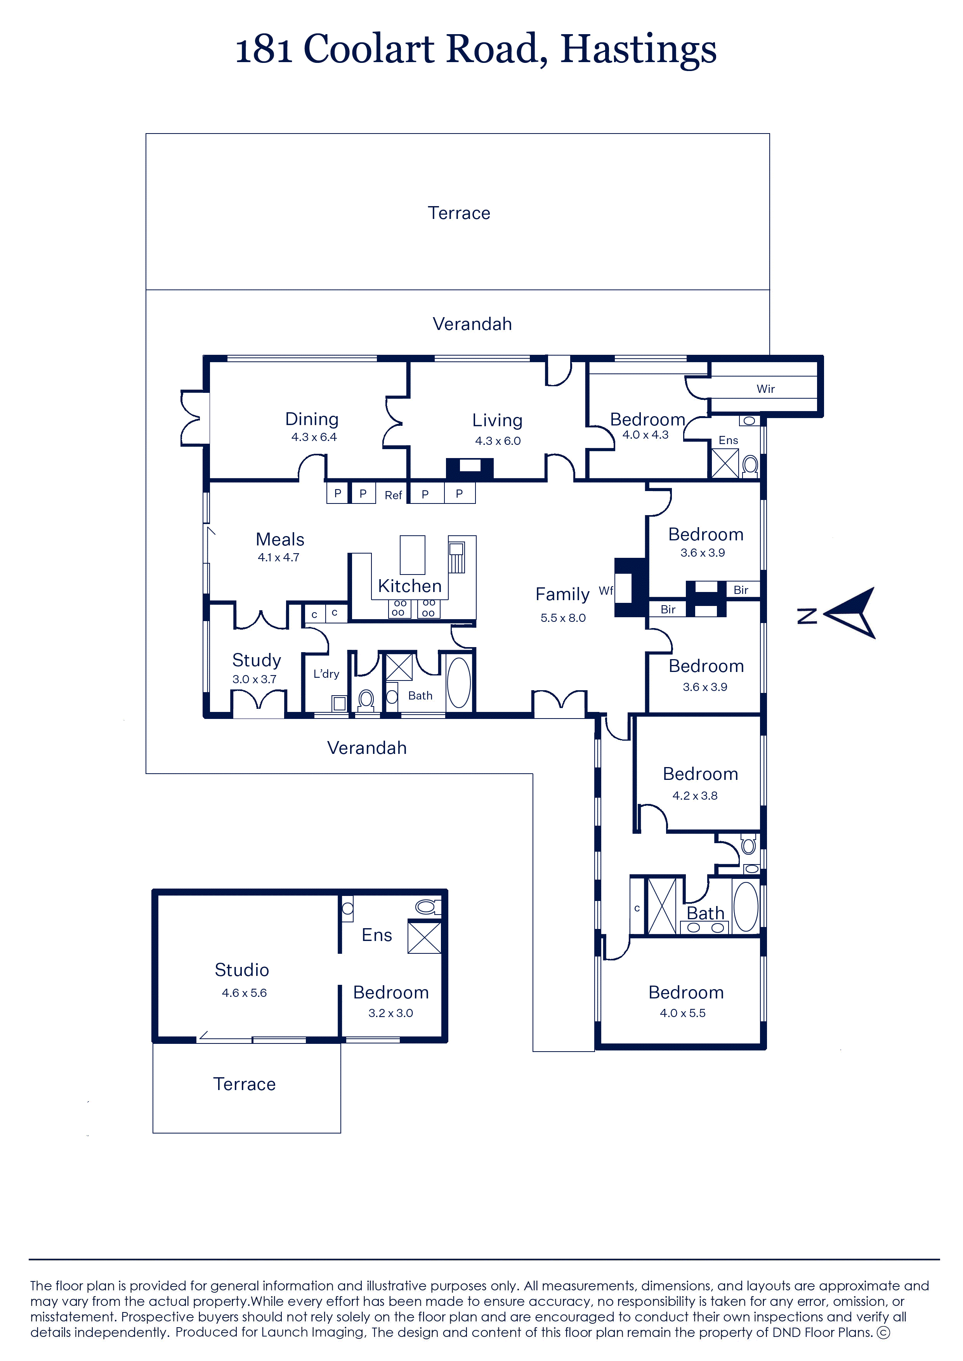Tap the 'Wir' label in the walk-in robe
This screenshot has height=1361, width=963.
pos(765,389)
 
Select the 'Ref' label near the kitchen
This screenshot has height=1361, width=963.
pos(393,495)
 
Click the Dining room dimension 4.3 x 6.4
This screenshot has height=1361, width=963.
pos(314,437)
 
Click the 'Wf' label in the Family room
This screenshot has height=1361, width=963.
pos(606,591)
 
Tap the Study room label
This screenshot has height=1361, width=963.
pos(256,660)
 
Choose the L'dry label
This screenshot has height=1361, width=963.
pos(326,674)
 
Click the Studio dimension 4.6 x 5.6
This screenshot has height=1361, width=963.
pos(244,993)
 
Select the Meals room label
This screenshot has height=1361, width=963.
pos(280,540)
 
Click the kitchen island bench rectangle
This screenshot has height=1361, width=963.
pos(412,554)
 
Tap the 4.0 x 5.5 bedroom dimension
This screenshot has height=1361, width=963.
pos(682,1013)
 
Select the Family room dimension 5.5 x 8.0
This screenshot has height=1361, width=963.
pos(563,618)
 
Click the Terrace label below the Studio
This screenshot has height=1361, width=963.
pos(244,1084)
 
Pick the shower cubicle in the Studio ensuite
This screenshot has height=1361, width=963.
pos(424,937)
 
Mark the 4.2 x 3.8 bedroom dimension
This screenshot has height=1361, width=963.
pos(694,796)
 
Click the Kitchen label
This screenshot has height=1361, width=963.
pos(410,586)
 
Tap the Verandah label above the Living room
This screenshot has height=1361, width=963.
pos(472,325)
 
